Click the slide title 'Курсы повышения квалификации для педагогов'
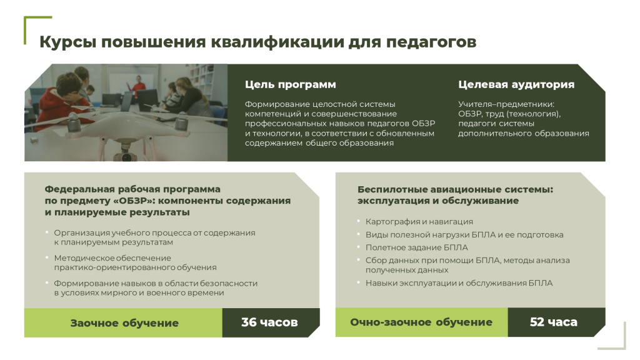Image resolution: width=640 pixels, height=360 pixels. [x=257, y=42]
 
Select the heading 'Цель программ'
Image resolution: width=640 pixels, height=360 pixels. [x=290, y=84]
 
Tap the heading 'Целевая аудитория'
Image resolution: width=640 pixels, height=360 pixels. [x=516, y=84]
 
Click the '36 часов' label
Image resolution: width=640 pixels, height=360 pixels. [x=269, y=322]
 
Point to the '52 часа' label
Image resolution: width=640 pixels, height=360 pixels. [x=554, y=322]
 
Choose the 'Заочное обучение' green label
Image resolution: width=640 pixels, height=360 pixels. [x=124, y=323]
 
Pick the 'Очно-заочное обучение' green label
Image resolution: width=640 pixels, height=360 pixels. [x=421, y=322]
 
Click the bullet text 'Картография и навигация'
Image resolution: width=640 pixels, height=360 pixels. [x=419, y=222]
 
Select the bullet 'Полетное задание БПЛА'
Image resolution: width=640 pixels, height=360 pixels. [x=417, y=247]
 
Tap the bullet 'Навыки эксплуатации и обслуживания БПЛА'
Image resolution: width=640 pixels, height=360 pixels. [x=459, y=283]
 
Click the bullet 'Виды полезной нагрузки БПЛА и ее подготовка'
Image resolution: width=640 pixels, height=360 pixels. [x=464, y=235]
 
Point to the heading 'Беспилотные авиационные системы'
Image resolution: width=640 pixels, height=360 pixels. [x=455, y=189]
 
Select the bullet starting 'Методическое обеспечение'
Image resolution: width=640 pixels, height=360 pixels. [x=135, y=262]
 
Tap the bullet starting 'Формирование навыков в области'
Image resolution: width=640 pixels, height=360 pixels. [x=156, y=287]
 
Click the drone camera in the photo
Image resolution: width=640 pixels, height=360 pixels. [x=126, y=155]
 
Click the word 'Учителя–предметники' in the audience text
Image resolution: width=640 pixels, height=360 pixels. [x=506, y=104]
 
